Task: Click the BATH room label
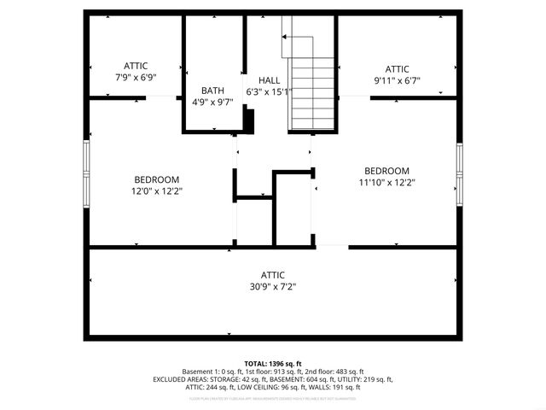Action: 212,91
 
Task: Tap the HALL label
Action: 269,79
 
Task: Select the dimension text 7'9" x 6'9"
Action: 136,78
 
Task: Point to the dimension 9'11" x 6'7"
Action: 397,81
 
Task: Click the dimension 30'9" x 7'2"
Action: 273,287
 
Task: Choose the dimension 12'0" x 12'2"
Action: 157,191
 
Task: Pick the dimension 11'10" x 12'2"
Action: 386,182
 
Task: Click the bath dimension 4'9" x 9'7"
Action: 212,102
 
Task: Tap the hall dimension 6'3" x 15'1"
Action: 269,91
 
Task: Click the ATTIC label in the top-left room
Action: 136,66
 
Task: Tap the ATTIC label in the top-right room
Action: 397,69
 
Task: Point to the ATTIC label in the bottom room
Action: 273,275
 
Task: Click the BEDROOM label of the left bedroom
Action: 157,179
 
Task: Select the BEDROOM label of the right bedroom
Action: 386,170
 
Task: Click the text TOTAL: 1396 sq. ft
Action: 273,363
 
